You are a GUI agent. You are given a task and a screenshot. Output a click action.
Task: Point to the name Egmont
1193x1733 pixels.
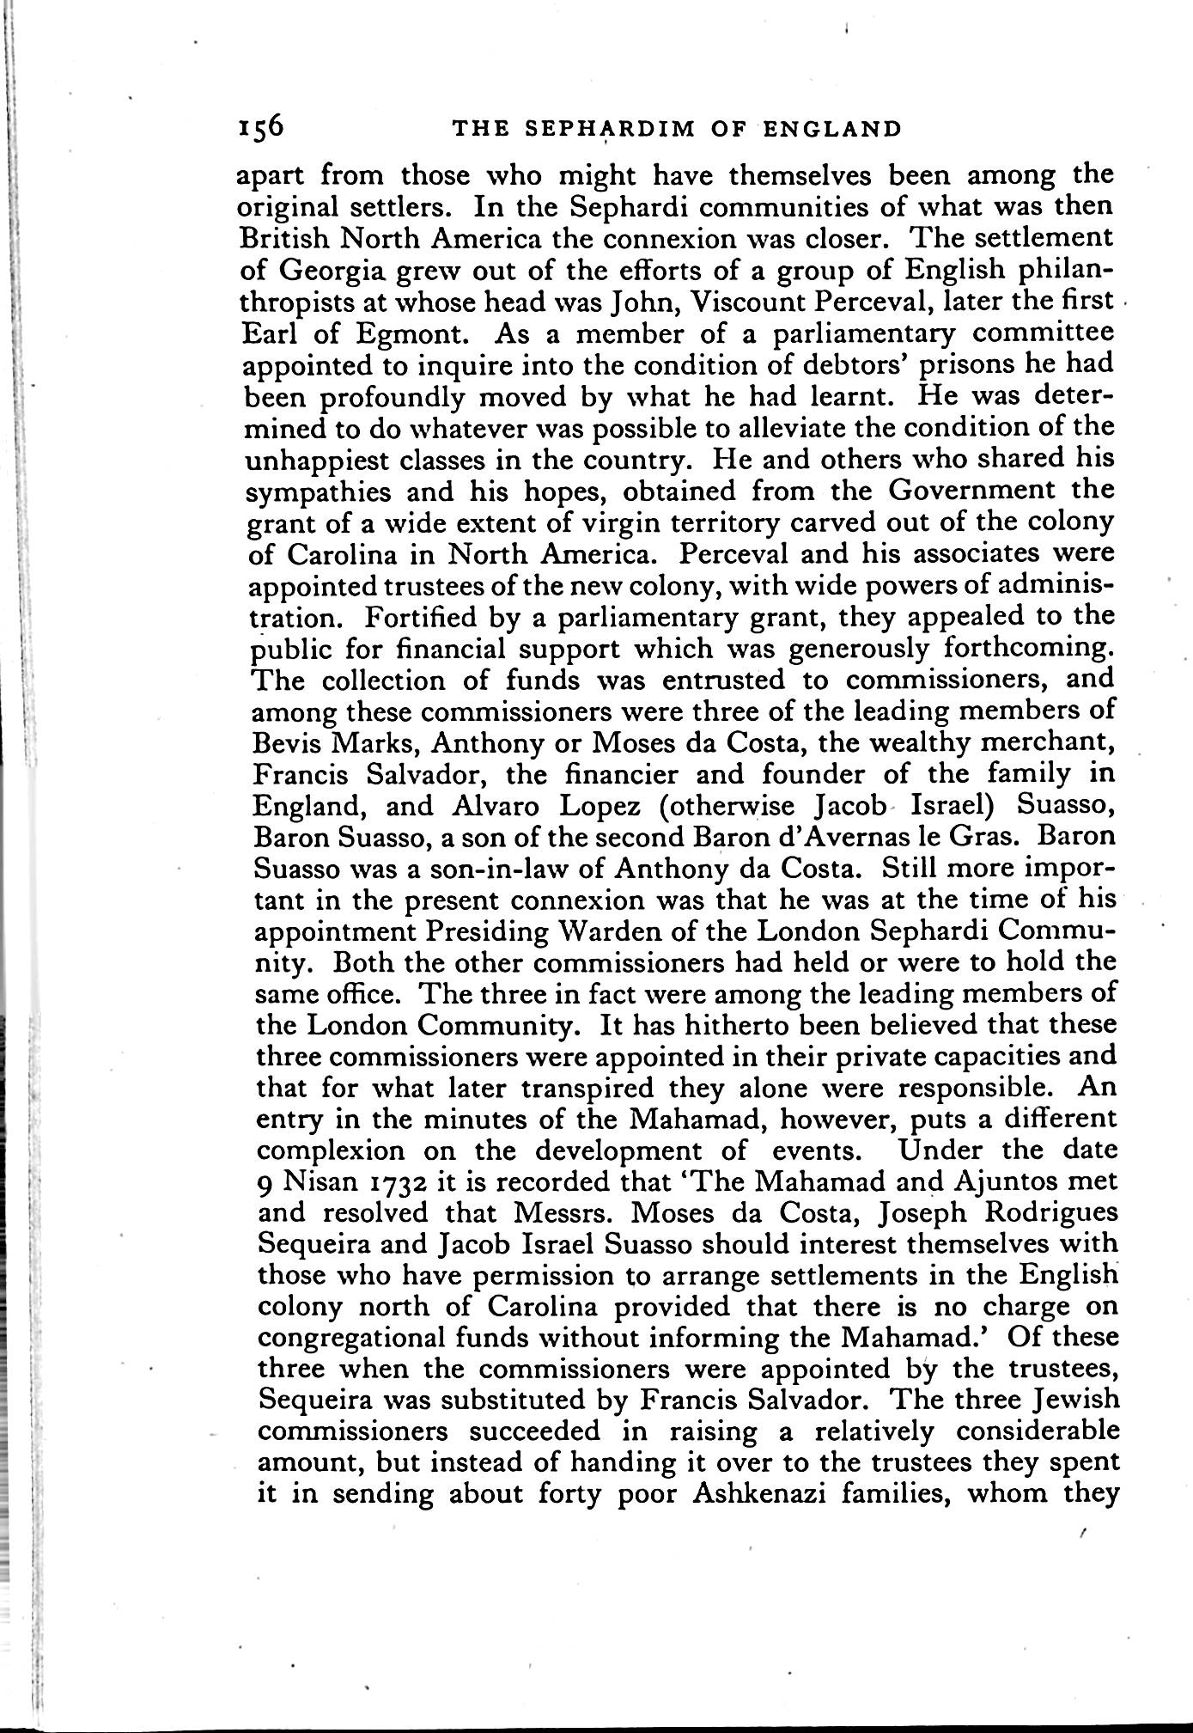pyautogui.click(x=382, y=334)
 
